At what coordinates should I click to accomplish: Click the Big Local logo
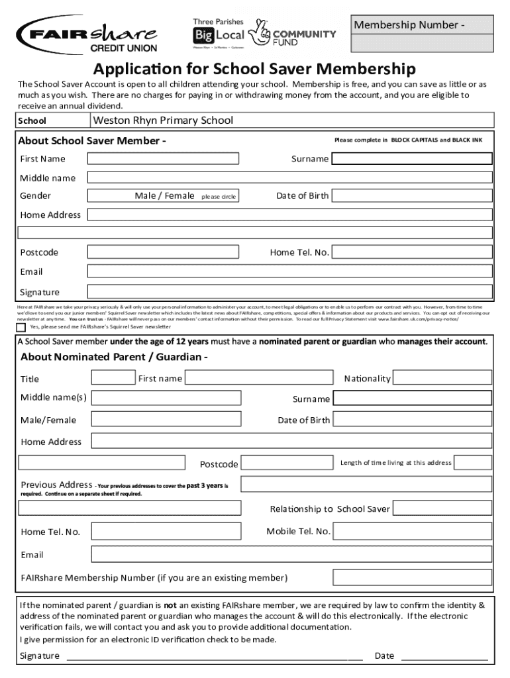[219, 34]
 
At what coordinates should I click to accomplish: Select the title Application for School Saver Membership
[254, 69]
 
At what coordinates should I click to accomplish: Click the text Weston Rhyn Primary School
[163, 121]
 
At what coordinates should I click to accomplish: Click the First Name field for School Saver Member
[164, 158]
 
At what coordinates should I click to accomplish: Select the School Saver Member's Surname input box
[411, 159]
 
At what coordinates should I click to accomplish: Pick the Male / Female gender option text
[165, 196]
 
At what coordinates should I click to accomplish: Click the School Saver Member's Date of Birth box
[411, 196]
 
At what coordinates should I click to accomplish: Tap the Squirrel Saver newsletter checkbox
[21, 327]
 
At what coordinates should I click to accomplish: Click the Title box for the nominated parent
[113, 378]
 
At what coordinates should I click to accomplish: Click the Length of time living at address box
[473, 463]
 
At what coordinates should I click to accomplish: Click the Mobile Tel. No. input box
[412, 532]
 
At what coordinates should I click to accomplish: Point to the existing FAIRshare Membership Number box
[412, 577]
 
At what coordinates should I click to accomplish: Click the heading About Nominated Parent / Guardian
[114, 358]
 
